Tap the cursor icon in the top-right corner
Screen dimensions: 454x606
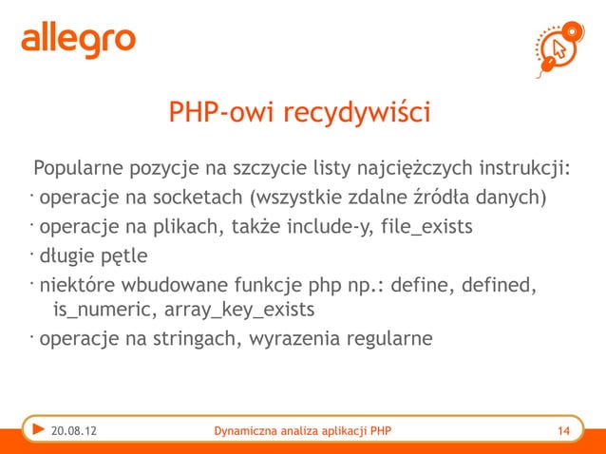point(561,47)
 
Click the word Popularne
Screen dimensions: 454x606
point(79,170)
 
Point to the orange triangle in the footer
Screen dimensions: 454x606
point(36,432)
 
